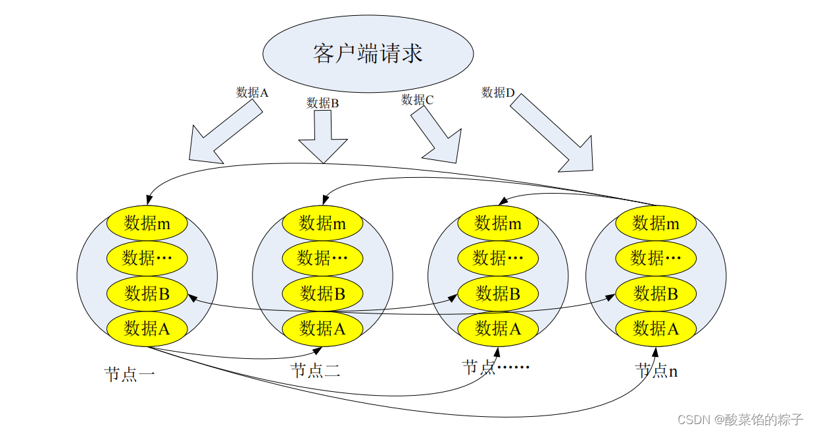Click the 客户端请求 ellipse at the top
pyautogui.click(x=368, y=53)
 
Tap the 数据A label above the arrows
pyautogui.click(x=252, y=93)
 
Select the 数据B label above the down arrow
pyautogui.click(x=322, y=103)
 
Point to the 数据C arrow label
pyautogui.click(x=418, y=100)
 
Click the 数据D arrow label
pyautogui.click(x=498, y=93)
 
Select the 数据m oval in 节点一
pyautogui.click(x=147, y=224)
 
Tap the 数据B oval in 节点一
pyautogui.click(x=147, y=294)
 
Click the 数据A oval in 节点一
pyautogui.click(x=147, y=328)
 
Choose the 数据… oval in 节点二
pyautogui.click(x=322, y=258)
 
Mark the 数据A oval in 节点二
pyautogui.click(x=322, y=328)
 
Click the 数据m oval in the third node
pyautogui.click(x=498, y=224)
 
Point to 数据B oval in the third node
pyautogui.click(x=498, y=294)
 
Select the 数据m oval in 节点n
pyautogui.click(x=656, y=224)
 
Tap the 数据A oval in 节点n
pyautogui.click(x=656, y=328)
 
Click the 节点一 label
pyautogui.click(x=130, y=375)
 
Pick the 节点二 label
pyautogui.click(x=315, y=371)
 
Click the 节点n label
pyautogui.click(x=656, y=371)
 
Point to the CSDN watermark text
pyautogui.click(x=740, y=419)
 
